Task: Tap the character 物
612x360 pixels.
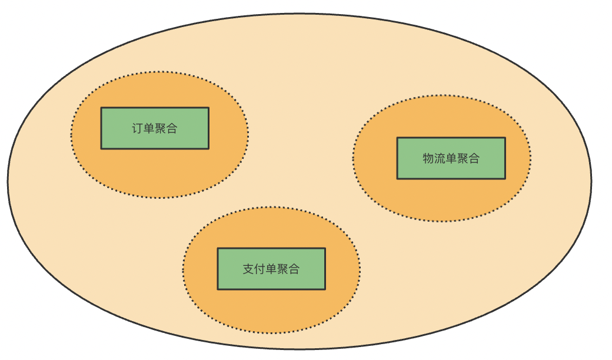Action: [428, 158]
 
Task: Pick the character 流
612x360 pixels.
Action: [440, 158]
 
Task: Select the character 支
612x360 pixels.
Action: [249, 269]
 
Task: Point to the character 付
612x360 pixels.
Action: [260, 269]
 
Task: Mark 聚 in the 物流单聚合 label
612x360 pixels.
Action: [463, 158]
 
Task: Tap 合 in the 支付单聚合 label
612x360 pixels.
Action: [294, 269]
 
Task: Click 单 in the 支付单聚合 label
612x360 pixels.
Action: [271, 269]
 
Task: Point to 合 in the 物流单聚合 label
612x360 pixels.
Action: [474, 158]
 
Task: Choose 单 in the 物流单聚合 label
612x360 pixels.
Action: [451, 158]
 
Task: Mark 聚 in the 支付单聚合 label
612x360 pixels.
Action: [283, 269]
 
